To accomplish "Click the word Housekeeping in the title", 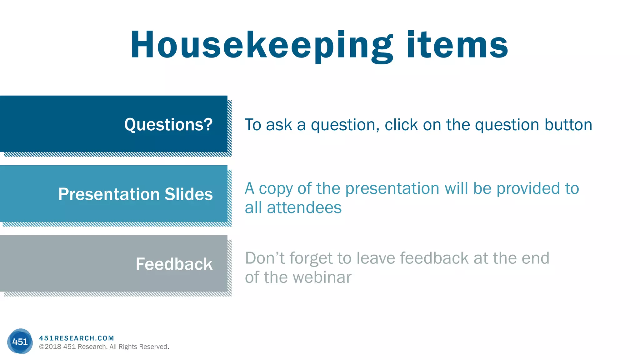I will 261,45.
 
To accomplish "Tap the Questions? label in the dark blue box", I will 168,125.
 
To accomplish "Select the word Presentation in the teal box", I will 109,194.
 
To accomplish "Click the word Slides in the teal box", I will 188,194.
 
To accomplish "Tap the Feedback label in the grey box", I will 174,264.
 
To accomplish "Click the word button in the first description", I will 568,125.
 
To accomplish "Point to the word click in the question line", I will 401,125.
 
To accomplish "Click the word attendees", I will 304,208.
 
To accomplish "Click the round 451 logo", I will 20,341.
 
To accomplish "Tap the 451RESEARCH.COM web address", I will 77,338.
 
